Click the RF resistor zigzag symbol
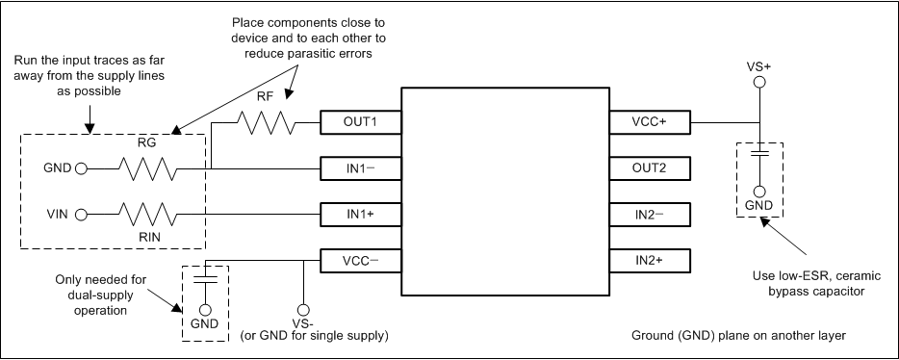pos(266,123)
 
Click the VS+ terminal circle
pos(759,84)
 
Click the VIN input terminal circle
pos(81,214)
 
